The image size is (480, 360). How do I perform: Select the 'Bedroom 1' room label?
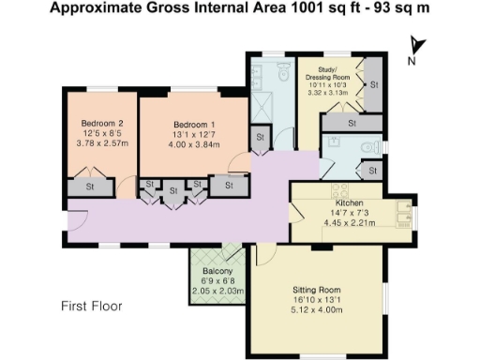pyautogui.click(x=193, y=124)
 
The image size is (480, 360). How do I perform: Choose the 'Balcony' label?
pyautogui.click(x=217, y=273)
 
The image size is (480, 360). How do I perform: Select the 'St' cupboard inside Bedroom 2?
pyautogui.click(x=91, y=187)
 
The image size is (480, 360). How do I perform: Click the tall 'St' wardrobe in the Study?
pyautogui.click(x=372, y=85)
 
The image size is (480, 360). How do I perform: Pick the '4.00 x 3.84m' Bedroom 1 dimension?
pyautogui.click(x=193, y=146)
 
